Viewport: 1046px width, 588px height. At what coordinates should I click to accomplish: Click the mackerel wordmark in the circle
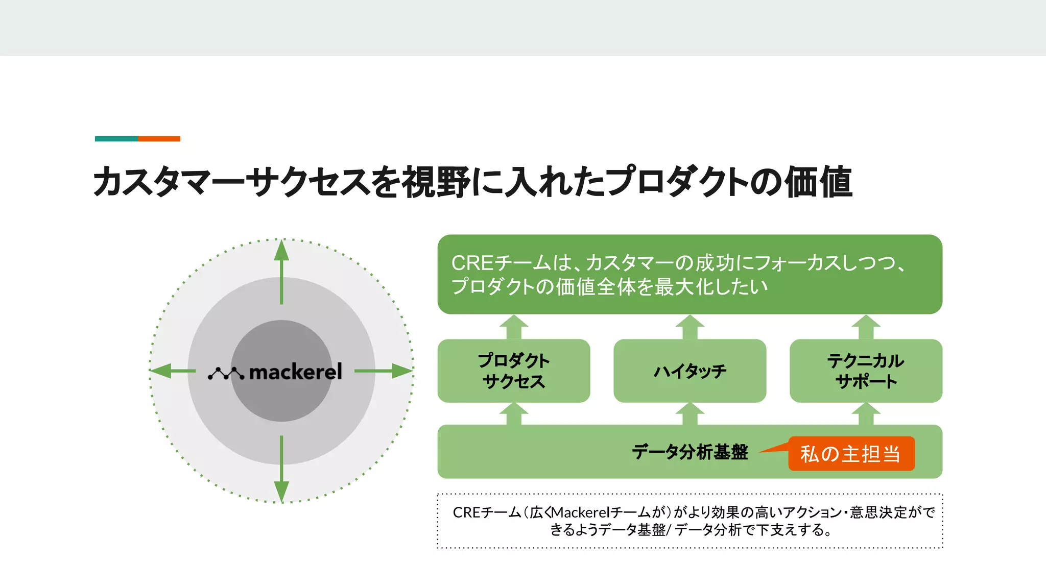[295, 372]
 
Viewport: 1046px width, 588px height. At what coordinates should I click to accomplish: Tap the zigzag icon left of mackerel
[226, 374]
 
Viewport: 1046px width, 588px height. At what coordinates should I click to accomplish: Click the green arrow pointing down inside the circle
[281, 469]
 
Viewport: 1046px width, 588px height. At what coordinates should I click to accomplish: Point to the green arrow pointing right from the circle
[383, 371]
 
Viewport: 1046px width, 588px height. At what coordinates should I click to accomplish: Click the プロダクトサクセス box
[514, 371]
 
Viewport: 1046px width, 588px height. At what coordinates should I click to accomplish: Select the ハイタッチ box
[690, 371]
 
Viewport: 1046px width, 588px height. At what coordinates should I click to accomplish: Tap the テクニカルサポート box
[866, 371]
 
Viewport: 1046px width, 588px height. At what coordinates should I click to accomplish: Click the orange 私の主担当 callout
[851, 454]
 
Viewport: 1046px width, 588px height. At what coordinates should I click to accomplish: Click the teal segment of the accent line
[116, 139]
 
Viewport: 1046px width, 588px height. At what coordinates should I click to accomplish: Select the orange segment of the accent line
[159, 139]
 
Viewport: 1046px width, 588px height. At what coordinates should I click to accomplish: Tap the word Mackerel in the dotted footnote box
[580, 512]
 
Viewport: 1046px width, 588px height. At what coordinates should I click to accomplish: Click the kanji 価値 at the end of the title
[818, 182]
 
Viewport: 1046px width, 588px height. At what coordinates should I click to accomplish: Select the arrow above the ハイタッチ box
[690, 327]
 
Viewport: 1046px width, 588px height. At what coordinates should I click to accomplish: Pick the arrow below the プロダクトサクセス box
[514, 413]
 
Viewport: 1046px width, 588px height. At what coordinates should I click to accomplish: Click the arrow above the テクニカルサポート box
[866, 327]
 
